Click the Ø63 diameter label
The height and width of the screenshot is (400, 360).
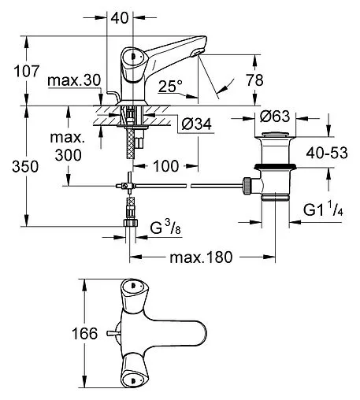[x=277, y=117]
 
